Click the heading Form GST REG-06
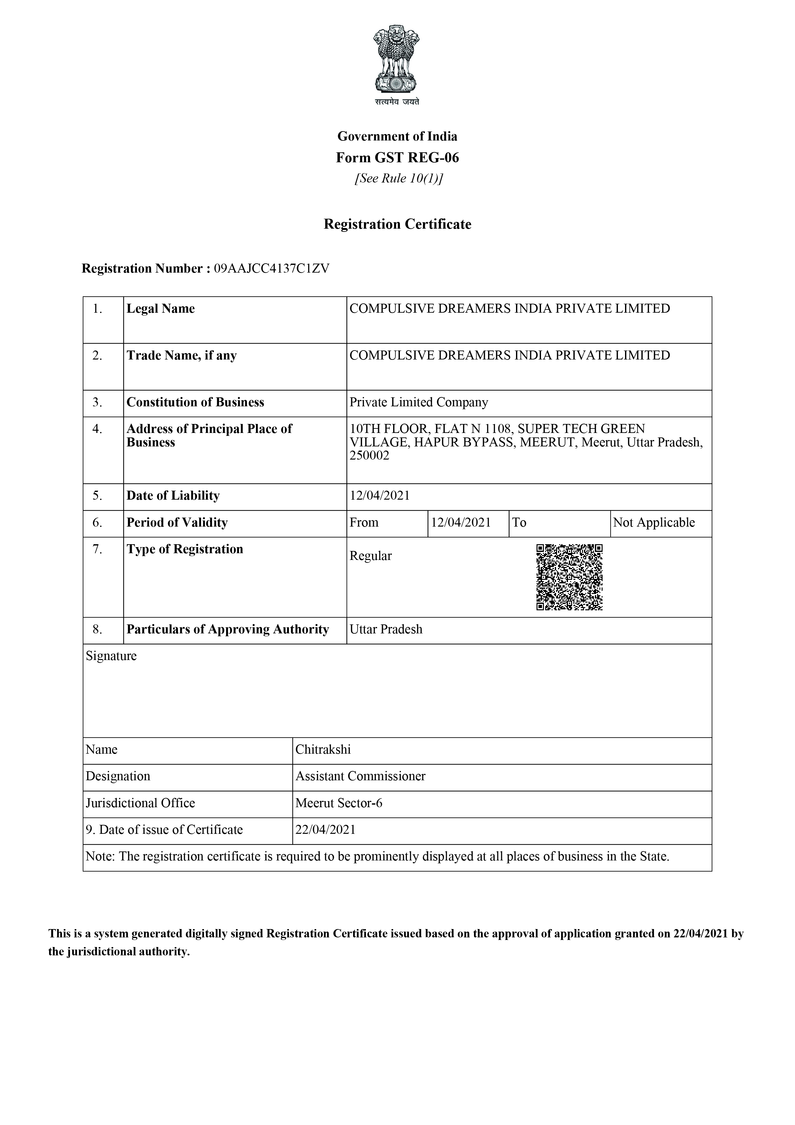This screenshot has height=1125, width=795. click(397, 158)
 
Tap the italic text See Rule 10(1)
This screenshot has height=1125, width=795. click(398, 178)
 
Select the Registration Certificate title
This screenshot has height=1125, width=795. click(397, 224)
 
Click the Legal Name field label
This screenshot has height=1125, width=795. click(161, 309)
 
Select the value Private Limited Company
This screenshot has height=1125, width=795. click(419, 402)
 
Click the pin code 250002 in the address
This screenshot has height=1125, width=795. click(369, 456)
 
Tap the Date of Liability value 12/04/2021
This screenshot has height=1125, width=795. click(380, 495)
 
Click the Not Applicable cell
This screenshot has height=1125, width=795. click(654, 522)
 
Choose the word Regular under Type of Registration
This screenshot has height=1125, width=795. click(371, 556)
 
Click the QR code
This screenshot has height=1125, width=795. click(569, 577)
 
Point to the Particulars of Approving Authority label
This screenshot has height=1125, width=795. click(228, 629)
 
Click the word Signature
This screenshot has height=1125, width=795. click(111, 656)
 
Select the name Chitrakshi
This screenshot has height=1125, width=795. click(323, 750)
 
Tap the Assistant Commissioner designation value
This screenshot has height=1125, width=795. click(360, 776)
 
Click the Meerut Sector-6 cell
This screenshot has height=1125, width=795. click(339, 803)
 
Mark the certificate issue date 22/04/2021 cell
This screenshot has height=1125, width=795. click(326, 830)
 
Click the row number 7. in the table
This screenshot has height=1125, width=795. click(97, 549)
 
